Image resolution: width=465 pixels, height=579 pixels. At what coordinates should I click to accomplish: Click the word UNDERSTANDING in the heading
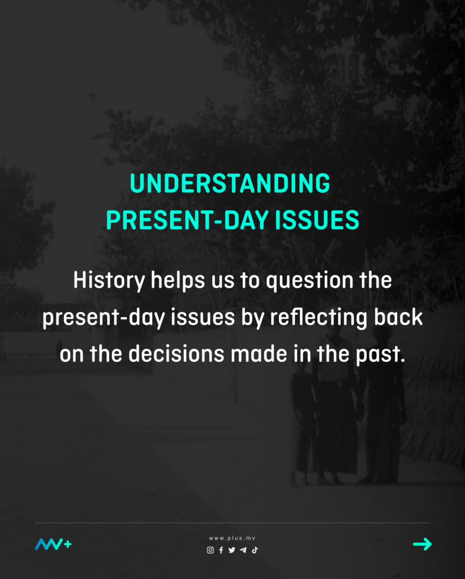tap(230, 183)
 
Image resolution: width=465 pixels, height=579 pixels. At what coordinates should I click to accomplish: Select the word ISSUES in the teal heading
tap(317, 220)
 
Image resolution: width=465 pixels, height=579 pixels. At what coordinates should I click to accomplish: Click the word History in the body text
tap(109, 280)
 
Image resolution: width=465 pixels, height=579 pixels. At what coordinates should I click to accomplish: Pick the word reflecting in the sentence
tap(318, 318)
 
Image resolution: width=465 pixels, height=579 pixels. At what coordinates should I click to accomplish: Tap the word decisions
tap(176, 354)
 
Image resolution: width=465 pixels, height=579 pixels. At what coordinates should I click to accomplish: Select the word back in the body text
tap(398, 317)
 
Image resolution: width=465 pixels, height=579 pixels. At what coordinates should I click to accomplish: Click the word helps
tap(178, 280)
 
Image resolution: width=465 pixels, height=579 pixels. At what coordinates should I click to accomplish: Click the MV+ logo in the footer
tap(53, 544)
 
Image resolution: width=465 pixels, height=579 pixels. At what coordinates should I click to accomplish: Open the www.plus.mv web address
tap(232, 538)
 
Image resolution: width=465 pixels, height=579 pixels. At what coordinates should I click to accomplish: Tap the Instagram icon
tap(210, 550)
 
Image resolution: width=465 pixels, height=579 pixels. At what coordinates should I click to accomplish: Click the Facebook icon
tap(221, 550)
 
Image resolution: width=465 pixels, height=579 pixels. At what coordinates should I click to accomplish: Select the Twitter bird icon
tap(231, 550)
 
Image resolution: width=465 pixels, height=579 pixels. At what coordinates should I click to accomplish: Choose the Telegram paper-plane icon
tap(243, 550)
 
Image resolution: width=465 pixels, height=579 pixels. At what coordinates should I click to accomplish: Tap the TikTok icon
tap(255, 550)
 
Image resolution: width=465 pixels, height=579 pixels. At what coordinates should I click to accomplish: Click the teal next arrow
tap(422, 544)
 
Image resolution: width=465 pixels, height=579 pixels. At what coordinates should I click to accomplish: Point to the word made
tap(259, 354)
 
